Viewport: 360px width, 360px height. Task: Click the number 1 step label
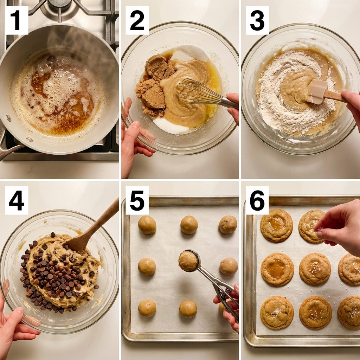17,20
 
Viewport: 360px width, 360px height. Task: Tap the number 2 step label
137,20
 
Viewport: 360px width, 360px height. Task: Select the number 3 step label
257,20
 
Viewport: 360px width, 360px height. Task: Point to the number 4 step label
17,200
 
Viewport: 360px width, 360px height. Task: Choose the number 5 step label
137,200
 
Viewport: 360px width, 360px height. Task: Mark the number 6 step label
257,200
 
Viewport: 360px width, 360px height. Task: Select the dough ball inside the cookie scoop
188,261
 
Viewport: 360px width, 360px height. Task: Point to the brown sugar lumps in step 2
154,85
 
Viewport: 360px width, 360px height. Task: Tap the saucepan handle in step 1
9,147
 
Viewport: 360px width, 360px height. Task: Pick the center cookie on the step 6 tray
315,269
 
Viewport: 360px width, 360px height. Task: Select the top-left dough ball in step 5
147,225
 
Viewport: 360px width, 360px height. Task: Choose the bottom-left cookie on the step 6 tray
277,312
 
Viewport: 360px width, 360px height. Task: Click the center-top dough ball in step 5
189,225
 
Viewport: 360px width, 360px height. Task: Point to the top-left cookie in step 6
276,225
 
